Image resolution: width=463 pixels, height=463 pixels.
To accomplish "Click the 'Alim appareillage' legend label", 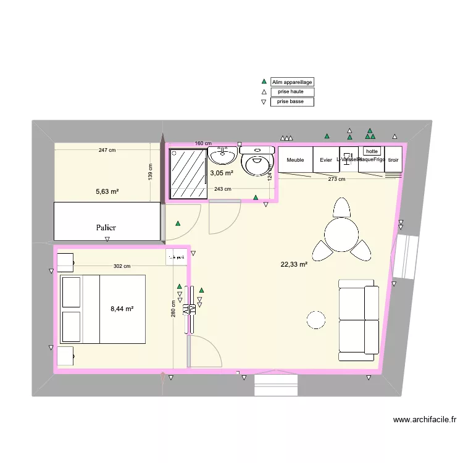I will pos(292,81).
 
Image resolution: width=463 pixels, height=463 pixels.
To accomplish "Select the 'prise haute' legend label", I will pos(292,91).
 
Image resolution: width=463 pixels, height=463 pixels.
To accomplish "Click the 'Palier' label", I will pos(106,227).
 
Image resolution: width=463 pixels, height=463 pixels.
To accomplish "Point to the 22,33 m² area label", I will pos(294,265).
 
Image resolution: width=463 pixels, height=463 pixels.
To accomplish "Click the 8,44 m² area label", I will pos(122,309).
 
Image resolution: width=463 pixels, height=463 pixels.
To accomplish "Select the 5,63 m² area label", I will pos(107,191).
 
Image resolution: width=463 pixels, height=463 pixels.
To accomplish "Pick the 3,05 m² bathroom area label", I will pos(221,173).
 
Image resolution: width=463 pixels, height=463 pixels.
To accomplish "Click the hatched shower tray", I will pos(188,173).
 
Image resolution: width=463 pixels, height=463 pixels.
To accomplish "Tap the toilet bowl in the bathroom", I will pos(257,163).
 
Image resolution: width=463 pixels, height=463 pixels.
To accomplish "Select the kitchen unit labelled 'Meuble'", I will pos(296,160).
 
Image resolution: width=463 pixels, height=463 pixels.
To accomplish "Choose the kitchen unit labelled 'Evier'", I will pos(326,160).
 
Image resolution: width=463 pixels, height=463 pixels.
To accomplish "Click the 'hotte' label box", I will pos(371,151).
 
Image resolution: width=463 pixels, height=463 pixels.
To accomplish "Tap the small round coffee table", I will pos(316,320).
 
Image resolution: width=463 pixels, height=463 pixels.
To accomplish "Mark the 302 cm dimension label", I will pos(122,267).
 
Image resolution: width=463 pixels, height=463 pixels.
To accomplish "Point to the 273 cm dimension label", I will pos(336,179).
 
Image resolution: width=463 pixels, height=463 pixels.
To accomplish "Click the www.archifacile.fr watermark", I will pos(425,420).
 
